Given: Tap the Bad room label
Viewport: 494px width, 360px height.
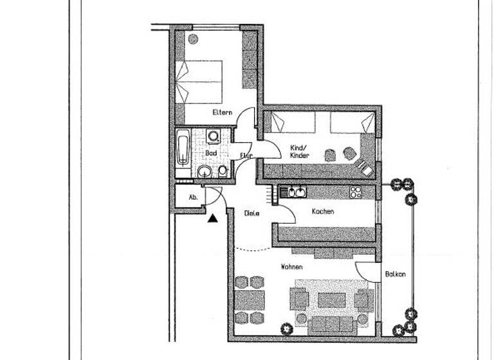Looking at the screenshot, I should pos(210,154).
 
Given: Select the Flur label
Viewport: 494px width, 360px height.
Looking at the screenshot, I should pos(245,155).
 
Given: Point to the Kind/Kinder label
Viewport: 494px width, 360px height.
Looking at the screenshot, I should pos(300,151).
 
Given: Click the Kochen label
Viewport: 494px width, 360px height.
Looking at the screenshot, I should pos(322,212).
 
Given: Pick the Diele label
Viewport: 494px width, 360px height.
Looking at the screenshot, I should pos(252,213).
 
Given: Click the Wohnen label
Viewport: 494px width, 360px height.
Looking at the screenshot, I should pos(291,266).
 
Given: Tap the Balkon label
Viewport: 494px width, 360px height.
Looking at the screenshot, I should pos(395,274).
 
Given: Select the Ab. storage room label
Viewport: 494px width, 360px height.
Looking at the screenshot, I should pos(192,198).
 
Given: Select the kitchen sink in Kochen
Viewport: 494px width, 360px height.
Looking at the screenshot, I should pos(297,192).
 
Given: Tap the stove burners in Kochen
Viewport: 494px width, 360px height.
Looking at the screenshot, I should pos(355,192).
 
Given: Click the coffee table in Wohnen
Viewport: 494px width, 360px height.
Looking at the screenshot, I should pos(331,300).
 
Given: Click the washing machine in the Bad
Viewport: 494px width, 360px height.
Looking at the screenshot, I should pos(214,136).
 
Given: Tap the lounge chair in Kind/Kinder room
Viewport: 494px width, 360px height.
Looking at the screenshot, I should pos(363,167).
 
